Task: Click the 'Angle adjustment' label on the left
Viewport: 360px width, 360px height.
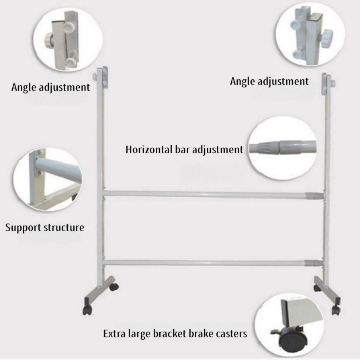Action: pos(51,87)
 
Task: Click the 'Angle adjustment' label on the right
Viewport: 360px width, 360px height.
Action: pos(269,82)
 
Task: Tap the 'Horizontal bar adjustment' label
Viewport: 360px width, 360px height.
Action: pos(184,149)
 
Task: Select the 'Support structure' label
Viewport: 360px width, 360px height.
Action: pos(45,227)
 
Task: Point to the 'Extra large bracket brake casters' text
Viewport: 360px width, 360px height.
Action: pos(175,333)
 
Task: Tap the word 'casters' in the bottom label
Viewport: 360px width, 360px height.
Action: pos(232,333)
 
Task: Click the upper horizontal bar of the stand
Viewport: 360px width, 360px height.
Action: pos(204,194)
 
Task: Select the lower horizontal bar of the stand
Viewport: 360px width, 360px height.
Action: pos(204,263)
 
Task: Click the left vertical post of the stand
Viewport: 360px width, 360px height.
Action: pos(100,176)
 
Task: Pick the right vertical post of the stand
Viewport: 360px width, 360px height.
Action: pos(327,176)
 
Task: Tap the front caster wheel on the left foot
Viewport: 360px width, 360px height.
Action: pos(87,310)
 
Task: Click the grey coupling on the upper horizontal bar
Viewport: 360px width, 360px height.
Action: pos(314,195)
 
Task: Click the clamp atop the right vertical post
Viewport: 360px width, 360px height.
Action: pos(328,82)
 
